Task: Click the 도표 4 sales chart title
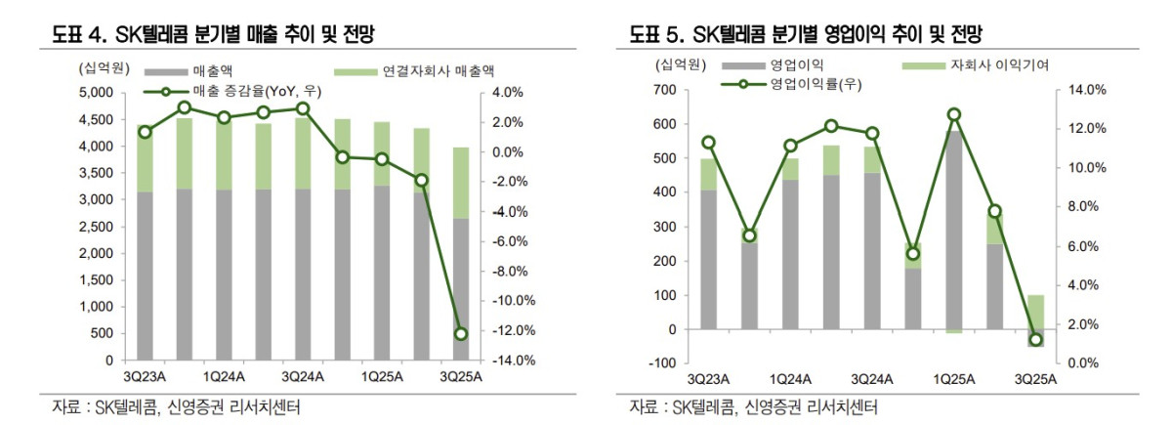point(215,36)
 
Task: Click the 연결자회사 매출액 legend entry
point(415,72)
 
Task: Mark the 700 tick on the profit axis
point(663,90)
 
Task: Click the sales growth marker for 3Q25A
point(461,334)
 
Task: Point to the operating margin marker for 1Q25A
point(954,114)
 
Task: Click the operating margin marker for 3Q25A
point(1035,340)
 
